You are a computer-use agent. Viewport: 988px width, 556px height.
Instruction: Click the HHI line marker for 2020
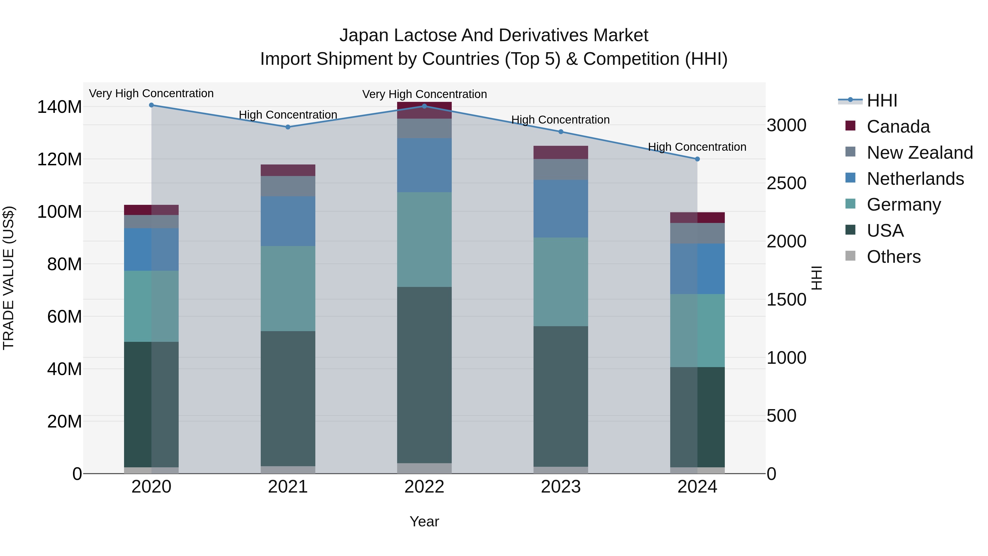151,105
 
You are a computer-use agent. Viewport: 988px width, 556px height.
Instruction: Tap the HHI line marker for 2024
697,159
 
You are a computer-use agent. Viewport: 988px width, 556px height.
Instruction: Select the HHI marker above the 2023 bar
561,132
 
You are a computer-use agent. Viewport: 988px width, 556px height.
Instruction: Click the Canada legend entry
898,127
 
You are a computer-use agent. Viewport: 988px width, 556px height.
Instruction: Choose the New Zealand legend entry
919,153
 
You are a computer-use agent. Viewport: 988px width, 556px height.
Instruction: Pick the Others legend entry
893,257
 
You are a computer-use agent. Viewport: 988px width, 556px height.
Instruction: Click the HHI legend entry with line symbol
881,100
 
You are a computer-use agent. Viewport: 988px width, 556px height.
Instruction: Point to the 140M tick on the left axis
60,107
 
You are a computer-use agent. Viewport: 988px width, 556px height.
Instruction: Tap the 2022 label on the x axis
424,487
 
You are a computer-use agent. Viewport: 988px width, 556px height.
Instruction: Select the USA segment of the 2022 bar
424,375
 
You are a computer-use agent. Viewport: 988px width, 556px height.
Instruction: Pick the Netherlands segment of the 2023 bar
561,209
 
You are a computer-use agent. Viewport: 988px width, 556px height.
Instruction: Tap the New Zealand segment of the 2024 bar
697,233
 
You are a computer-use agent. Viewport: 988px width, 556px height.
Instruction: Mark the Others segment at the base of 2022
424,468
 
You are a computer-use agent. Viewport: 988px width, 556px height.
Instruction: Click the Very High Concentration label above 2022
424,94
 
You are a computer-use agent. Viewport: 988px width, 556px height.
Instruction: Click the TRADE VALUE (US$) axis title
9,278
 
